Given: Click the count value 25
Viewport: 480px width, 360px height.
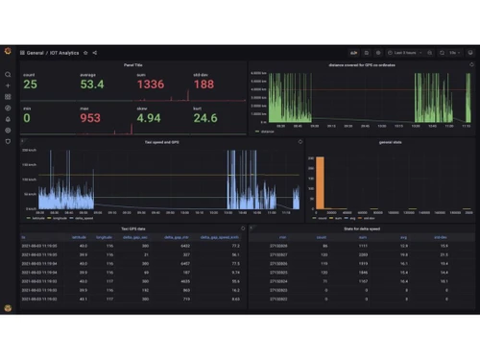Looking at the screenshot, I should (30, 84).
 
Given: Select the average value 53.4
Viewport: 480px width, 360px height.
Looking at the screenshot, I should (91, 84).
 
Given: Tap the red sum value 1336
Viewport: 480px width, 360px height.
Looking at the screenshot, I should (150, 84).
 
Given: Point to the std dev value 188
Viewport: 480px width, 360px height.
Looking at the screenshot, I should (204, 84).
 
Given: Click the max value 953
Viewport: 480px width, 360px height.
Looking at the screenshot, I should (89, 118).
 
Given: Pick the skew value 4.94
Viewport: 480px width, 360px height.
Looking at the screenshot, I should (150, 118).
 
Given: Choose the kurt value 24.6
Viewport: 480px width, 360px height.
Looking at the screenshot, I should (206, 118).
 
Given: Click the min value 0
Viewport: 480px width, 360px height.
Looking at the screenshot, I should (26, 118).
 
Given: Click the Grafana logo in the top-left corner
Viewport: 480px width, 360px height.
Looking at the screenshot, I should (8, 52).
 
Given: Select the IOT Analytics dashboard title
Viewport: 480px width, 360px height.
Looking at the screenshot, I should (65, 53).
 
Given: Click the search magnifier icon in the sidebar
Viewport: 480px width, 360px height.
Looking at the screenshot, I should (8, 74).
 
